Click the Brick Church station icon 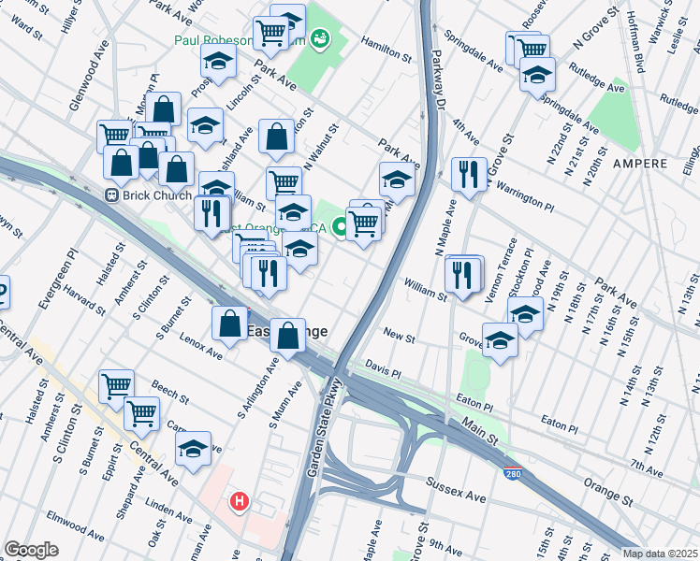tap(110, 195)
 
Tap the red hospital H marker tap(240, 502)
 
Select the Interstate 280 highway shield tap(512, 475)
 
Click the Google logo tap(32, 550)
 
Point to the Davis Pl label tap(382, 367)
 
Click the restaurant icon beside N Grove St tap(468, 173)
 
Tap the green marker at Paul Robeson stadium tap(321, 37)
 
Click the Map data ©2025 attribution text tap(661, 554)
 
